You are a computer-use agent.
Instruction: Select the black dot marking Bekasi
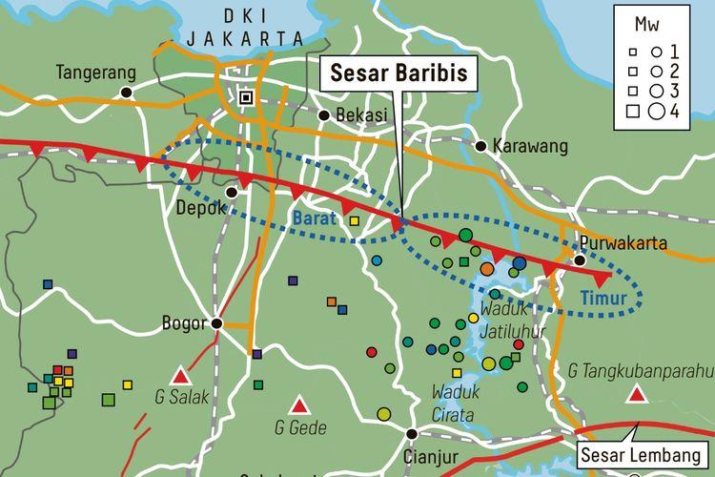click(x=324, y=114)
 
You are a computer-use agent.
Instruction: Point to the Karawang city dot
click(x=481, y=146)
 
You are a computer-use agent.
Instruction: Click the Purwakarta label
click(x=625, y=243)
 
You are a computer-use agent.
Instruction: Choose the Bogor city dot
click(x=217, y=323)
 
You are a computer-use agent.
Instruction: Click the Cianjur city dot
click(x=412, y=434)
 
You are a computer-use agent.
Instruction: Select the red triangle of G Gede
click(x=299, y=404)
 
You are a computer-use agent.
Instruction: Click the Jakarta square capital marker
click(x=247, y=97)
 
